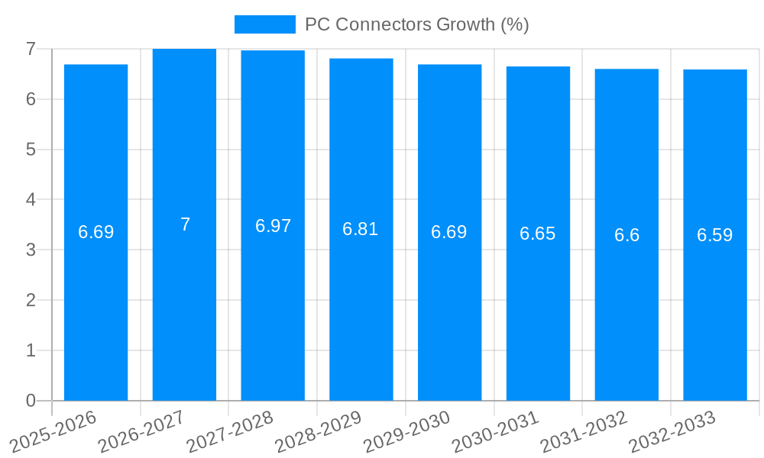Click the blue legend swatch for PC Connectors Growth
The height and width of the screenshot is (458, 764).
tap(264, 24)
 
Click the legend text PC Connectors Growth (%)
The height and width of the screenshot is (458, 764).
tap(416, 24)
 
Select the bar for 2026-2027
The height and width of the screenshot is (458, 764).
tap(184, 224)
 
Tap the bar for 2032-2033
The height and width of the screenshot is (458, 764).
tap(715, 235)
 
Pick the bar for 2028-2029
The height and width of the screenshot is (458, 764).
tap(361, 229)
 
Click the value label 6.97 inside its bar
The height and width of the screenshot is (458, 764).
tap(273, 226)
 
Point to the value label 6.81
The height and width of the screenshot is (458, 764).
tap(361, 229)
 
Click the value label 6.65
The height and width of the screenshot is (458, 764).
tap(538, 234)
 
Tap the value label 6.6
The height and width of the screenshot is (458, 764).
tap(626, 235)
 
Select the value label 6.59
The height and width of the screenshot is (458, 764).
tap(715, 235)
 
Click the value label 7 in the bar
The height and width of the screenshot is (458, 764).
tap(185, 224)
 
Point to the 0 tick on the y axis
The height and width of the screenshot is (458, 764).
tap(31, 401)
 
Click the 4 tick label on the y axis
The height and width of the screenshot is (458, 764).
tap(31, 200)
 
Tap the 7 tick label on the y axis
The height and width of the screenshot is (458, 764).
tap(31, 49)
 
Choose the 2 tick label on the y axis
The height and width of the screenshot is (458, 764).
tap(31, 300)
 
